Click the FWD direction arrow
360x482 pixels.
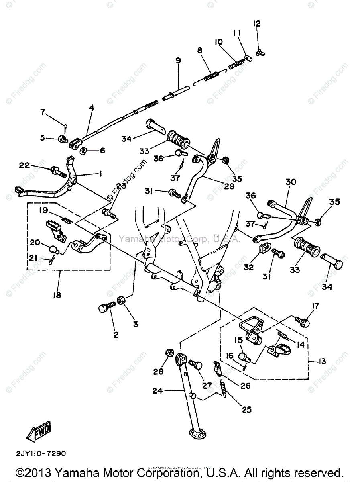tap(39, 433)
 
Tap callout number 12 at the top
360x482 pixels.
tap(257, 24)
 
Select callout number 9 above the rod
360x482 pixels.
tap(178, 60)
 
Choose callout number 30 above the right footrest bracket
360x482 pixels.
tap(291, 182)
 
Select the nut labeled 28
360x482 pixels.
tap(169, 354)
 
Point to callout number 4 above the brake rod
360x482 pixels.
tap(92, 108)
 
